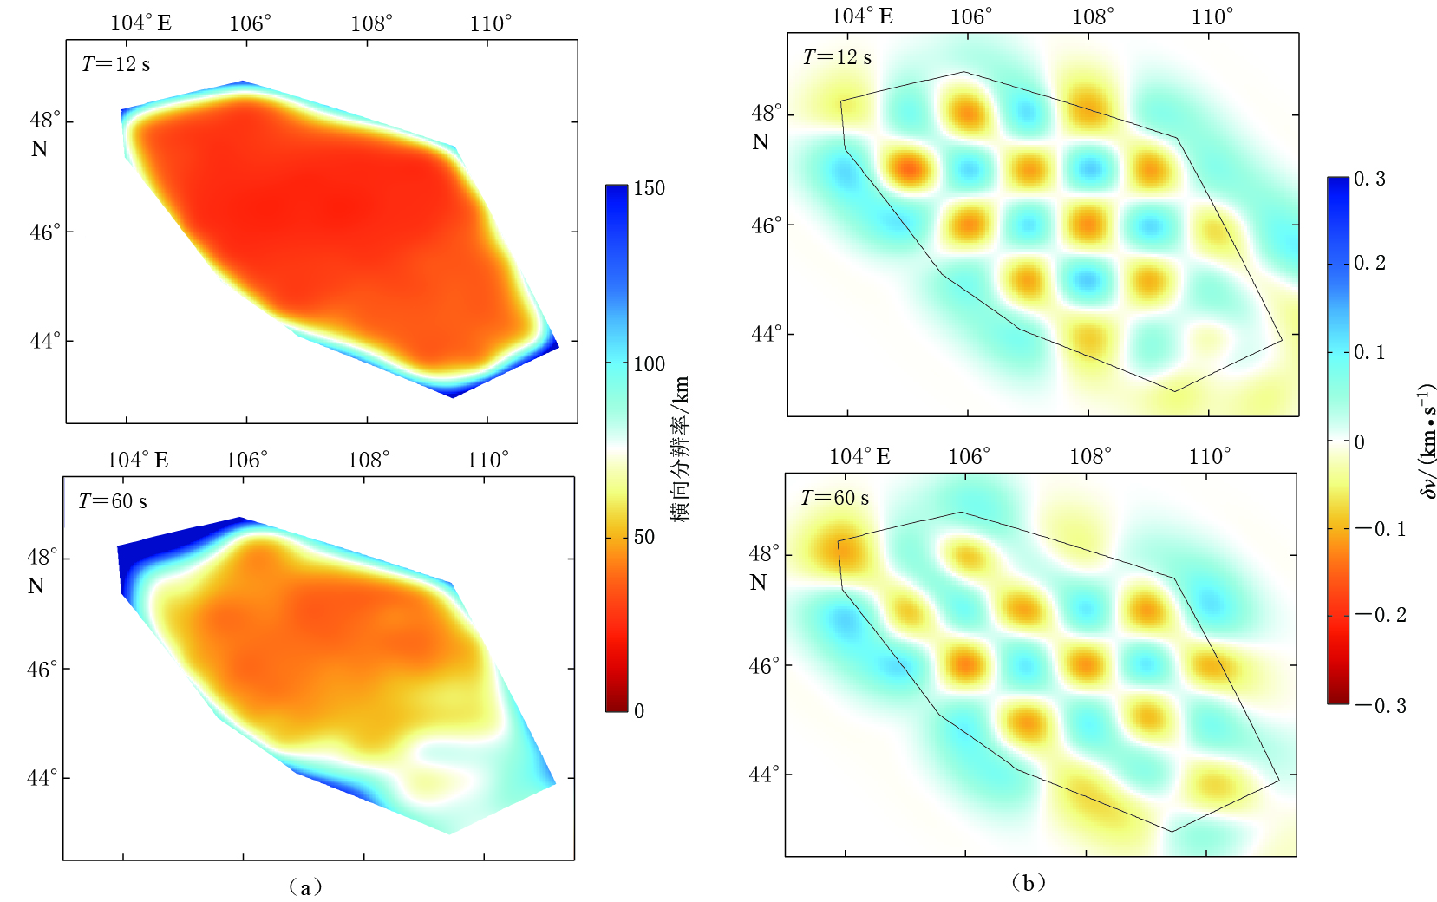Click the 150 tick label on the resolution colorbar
point(649,188)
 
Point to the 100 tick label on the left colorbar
point(649,364)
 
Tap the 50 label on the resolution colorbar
point(643,537)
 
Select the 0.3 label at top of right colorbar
point(1369,180)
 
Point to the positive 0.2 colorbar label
point(1369,263)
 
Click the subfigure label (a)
point(304,886)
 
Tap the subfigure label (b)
point(1029,883)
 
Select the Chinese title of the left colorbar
point(681,448)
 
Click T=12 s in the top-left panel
point(115,64)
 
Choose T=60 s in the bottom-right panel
point(834,498)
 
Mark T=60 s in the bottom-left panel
point(113,501)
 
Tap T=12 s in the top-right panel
point(837,57)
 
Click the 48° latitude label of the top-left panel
point(45,120)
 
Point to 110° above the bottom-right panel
point(1209,456)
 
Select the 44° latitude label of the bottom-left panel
point(42,777)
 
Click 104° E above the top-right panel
point(861,16)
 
